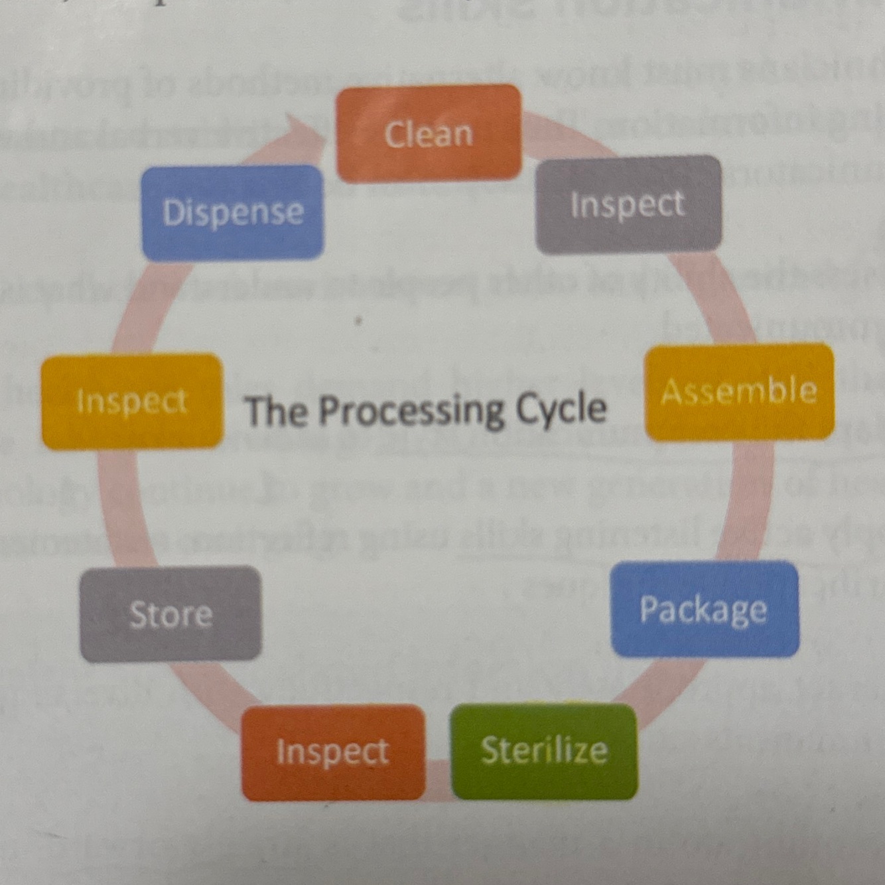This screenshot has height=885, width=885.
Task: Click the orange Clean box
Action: pos(429,133)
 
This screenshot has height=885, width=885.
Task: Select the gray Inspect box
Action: pos(628,204)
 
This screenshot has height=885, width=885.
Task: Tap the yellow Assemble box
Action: pos(739,391)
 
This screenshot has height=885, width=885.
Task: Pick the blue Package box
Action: pos(704,609)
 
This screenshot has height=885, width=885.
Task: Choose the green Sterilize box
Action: pos(544,751)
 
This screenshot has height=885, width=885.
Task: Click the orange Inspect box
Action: pos(332,752)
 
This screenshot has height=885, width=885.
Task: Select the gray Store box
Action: pos(170,614)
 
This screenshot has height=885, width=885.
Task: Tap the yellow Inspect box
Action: pos(131,401)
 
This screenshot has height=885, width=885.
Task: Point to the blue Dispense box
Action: pos(233,212)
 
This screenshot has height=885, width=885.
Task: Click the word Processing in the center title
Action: pos(411,410)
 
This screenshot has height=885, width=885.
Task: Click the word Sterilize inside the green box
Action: pos(544,751)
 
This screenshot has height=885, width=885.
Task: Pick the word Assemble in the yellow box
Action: pos(739,391)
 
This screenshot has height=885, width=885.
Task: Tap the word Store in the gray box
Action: pos(170,614)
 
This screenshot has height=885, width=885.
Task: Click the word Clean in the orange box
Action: pos(429,134)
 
